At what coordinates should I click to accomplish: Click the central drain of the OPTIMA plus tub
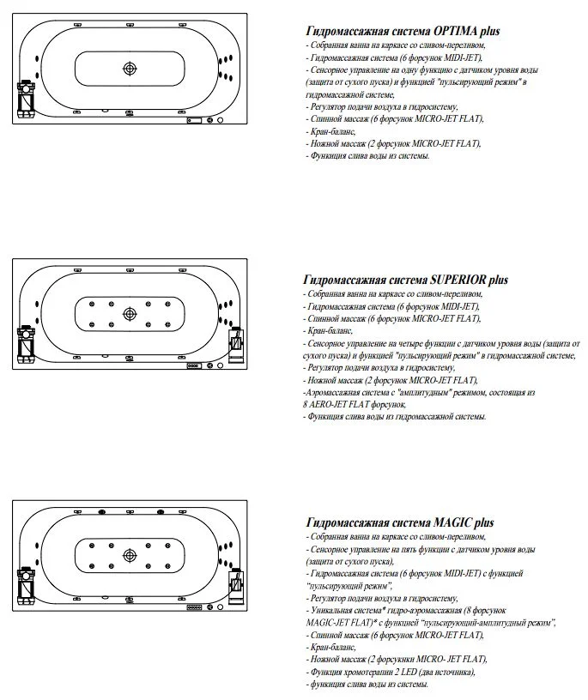click(130, 69)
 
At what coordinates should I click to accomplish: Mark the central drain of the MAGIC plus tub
click(130, 554)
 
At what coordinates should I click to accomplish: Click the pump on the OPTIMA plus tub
click(27, 98)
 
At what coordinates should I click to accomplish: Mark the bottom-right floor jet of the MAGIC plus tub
click(166, 564)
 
